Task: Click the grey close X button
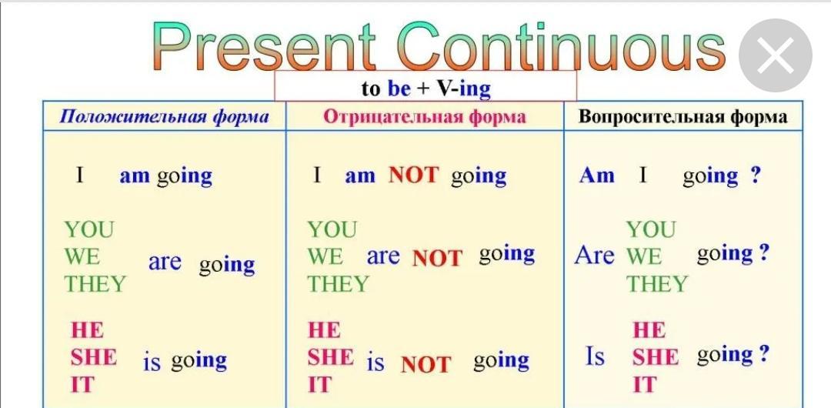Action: pos(776,55)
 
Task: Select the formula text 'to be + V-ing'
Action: pos(426,89)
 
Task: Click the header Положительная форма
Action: pos(164,117)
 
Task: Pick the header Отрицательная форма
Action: pos(425,117)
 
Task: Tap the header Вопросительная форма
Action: pos(683,117)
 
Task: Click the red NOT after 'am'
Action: pos(414,175)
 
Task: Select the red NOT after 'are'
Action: pos(437,259)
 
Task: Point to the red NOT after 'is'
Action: pos(426,364)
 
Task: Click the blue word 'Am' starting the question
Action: pos(597,175)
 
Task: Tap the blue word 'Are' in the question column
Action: pos(595,256)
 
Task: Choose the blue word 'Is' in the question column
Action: pos(595,356)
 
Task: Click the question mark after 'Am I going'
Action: pos(756,175)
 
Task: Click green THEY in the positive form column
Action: pos(95,284)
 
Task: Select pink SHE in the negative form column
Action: pos(331,357)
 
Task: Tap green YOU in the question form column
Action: pos(652,229)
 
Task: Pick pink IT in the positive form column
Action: pos(82,384)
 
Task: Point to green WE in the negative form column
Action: pos(325,257)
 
